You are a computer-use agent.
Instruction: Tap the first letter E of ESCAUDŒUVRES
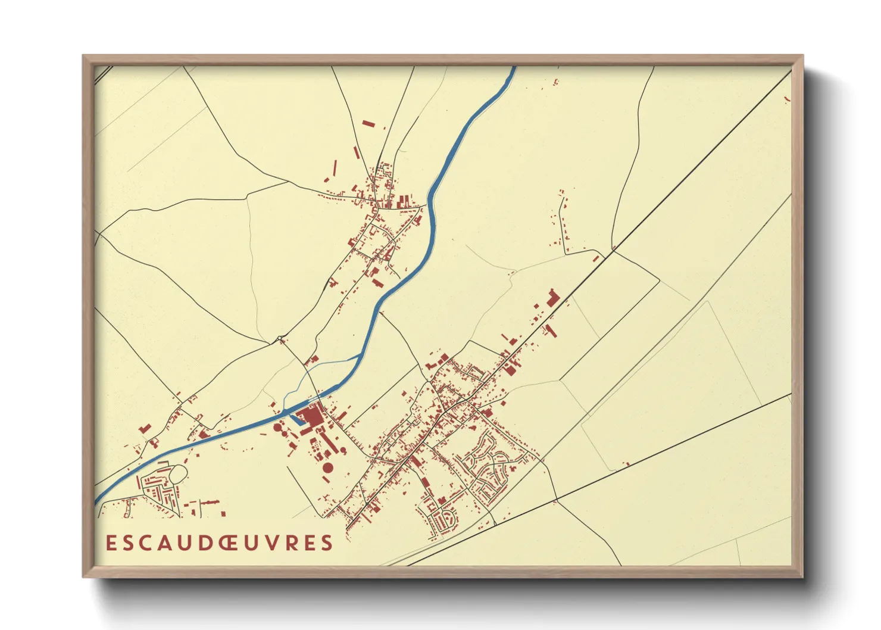(110, 543)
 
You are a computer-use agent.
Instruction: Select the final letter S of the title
(326, 543)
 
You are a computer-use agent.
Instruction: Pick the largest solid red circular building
(328, 467)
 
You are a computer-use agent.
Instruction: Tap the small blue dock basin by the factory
(296, 419)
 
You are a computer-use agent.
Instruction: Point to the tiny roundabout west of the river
(280, 339)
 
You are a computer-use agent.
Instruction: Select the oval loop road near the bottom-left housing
(179, 473)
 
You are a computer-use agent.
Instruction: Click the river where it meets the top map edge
(513, 70)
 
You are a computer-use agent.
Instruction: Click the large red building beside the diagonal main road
(553, 298)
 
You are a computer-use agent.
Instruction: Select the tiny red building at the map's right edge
(788, 99)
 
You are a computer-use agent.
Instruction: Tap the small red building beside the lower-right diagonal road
(626, 463)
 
